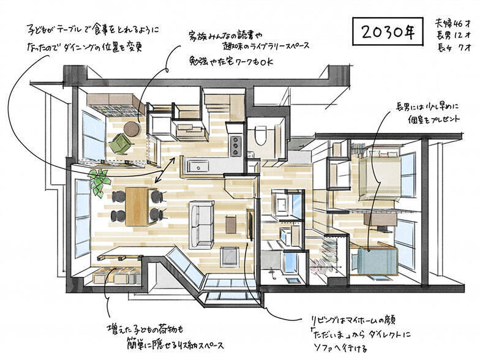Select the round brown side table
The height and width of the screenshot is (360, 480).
pos(132,128)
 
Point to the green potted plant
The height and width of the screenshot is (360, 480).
pos(97,180)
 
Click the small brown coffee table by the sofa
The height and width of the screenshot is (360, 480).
pos(231,225)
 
